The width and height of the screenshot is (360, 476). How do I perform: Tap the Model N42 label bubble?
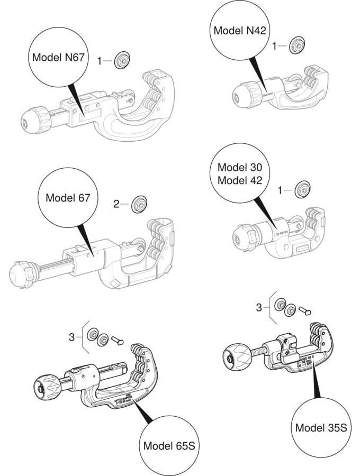coord(239,31)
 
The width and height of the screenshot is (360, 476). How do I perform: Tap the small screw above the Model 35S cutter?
coord(304,310)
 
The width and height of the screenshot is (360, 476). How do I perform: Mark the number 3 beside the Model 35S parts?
coord(259,307)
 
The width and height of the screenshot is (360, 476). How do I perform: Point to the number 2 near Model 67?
coord(116,203)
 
